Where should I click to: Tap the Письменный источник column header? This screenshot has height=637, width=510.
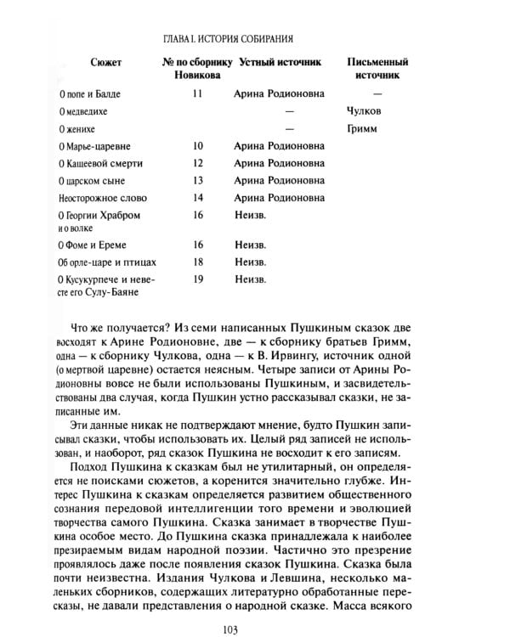(378, 69)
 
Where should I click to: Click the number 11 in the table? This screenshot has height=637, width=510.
(197, 93)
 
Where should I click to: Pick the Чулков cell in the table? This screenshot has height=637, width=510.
(365, 111)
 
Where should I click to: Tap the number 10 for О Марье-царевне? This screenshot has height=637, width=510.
(198, 146)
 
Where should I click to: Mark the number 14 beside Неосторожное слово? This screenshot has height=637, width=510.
(198, 199)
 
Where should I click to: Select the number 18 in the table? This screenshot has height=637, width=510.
(198, 262)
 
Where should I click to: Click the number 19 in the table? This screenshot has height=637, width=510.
(198, 279)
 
